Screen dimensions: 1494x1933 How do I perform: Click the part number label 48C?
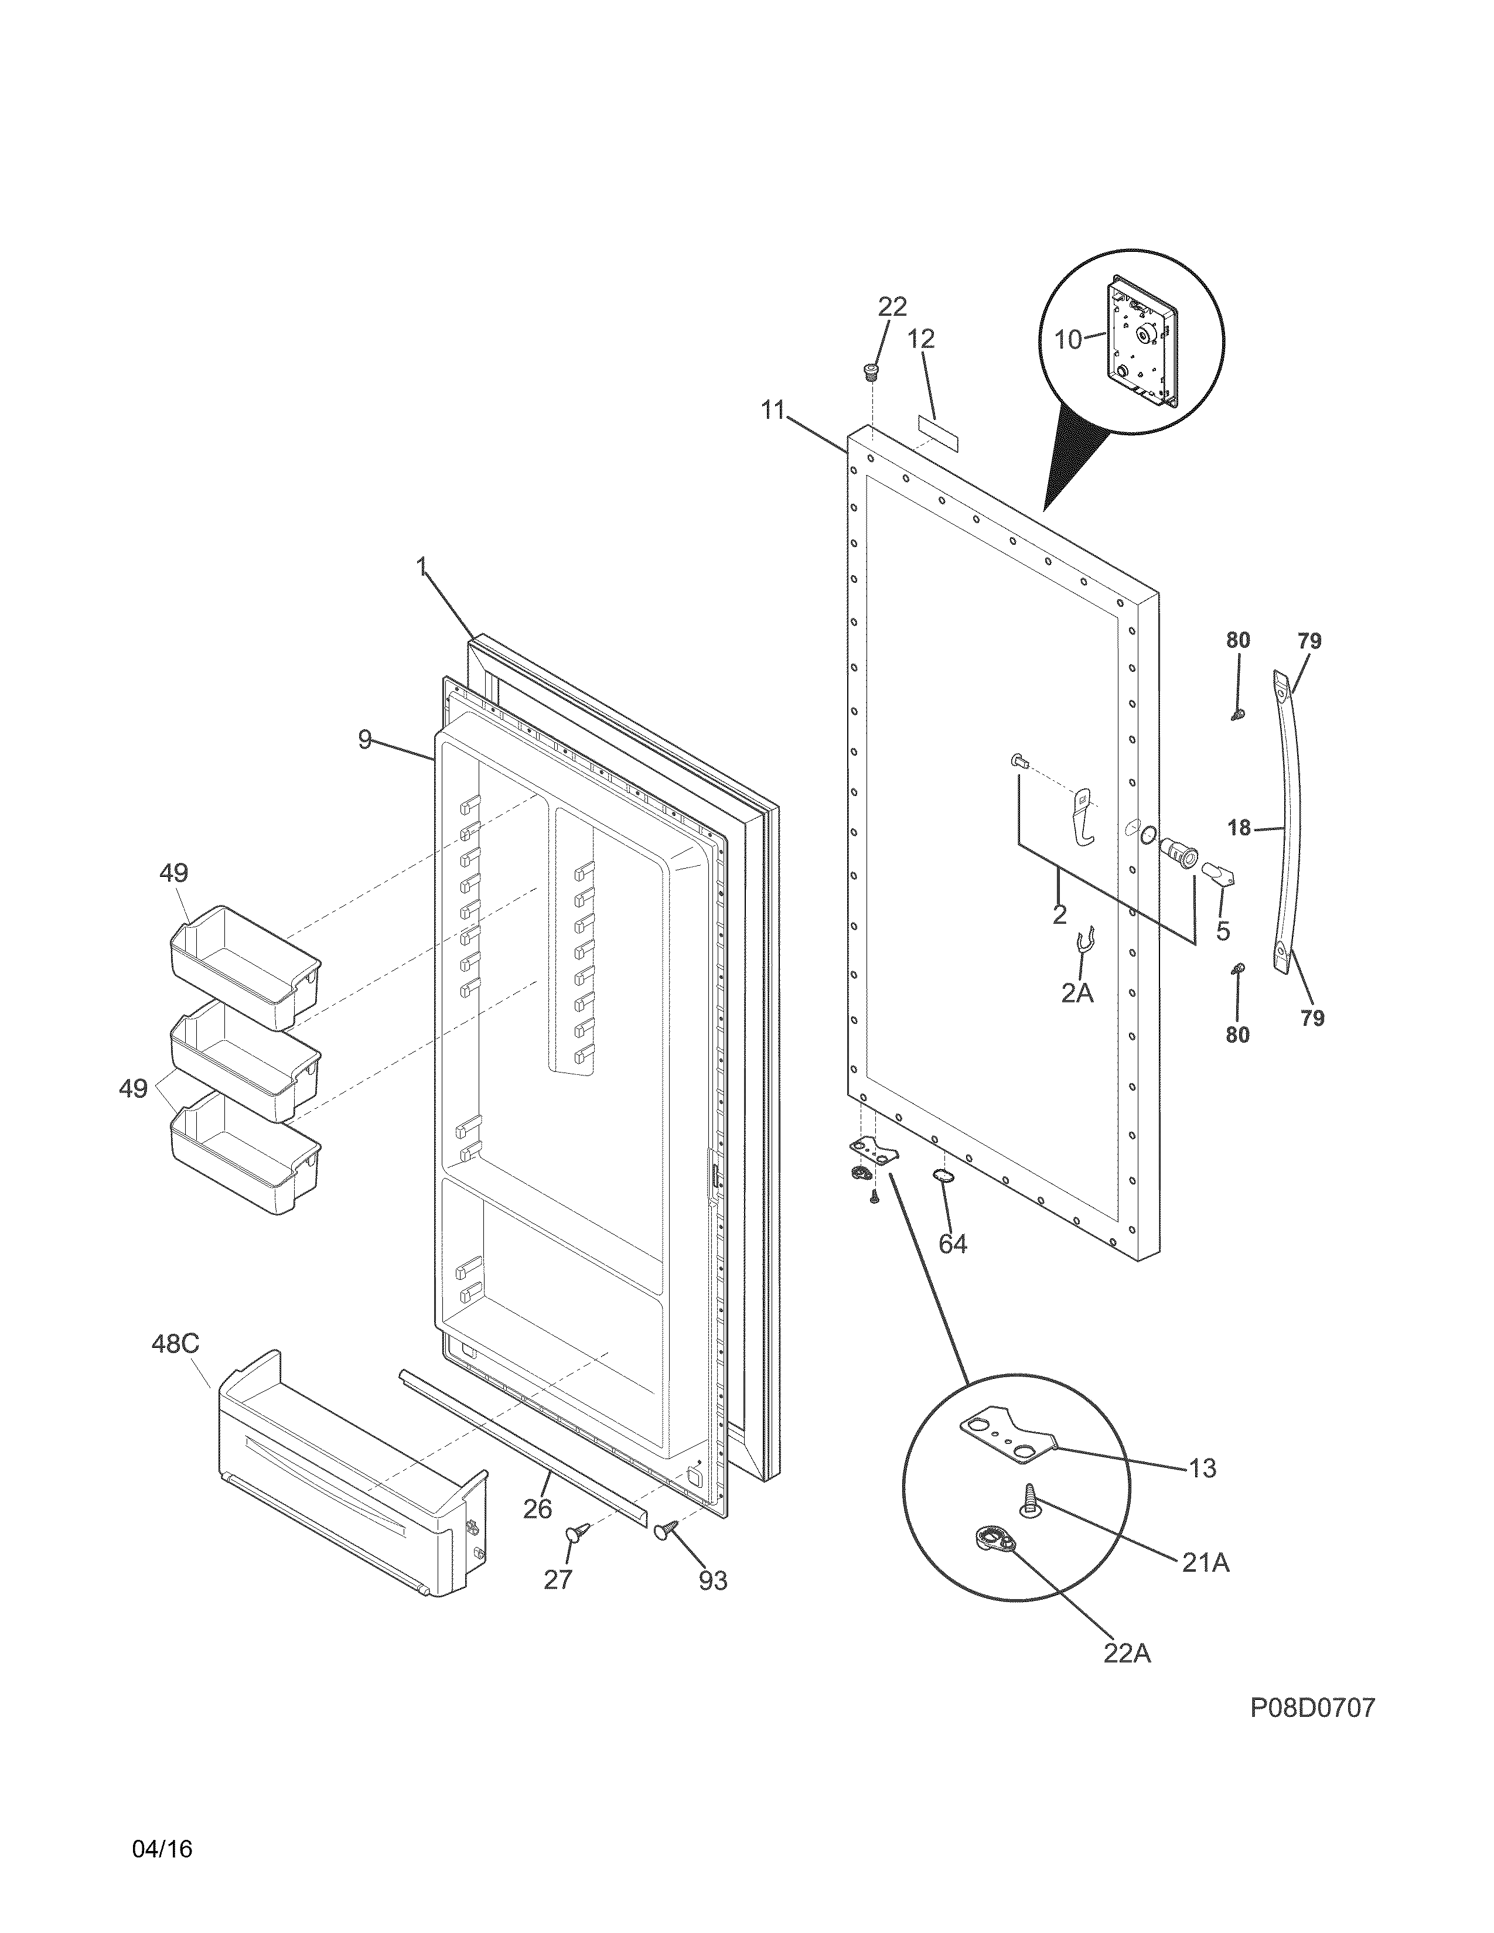(175, 1344)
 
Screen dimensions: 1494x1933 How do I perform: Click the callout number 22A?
(1127, 1652)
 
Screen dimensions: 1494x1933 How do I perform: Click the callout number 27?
(558, 1579)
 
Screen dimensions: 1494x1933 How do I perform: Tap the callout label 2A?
(1077, 993)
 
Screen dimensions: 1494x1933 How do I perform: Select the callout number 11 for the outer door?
(773, 410)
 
